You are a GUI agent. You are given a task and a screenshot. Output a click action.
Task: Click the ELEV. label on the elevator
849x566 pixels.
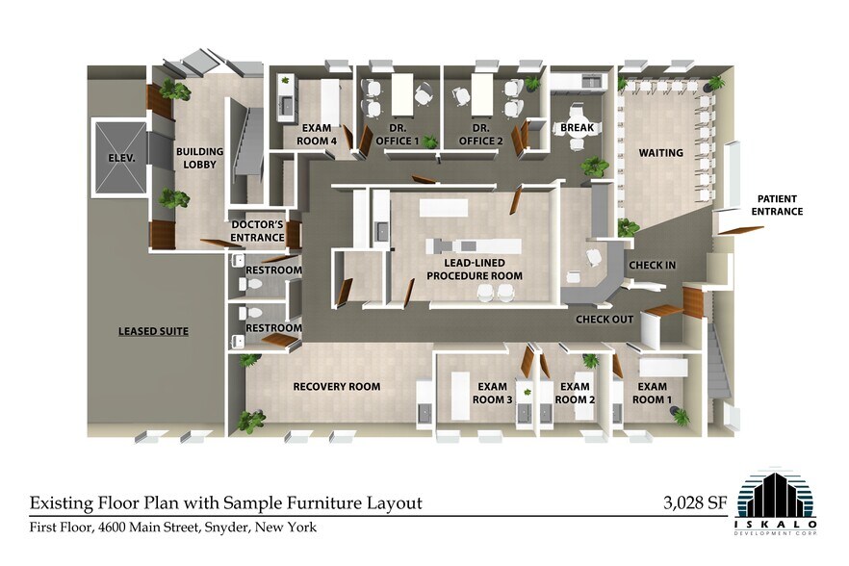(121, 158)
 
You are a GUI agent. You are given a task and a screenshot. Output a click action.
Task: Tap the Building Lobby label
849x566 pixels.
(200, 158)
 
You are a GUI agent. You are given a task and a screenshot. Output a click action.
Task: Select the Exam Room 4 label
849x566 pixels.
(317, 135)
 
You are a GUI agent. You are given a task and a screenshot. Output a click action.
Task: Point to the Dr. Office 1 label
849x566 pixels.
(398, 135)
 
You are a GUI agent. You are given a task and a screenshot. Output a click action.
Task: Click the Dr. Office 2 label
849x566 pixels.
(481, 135)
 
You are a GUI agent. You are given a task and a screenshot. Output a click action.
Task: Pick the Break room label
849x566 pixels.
(578, 128)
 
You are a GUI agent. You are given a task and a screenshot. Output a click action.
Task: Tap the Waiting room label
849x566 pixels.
(660, 153)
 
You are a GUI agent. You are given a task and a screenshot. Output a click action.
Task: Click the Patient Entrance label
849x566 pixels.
(777, 205)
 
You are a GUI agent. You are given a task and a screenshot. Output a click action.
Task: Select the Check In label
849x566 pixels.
(653, 265)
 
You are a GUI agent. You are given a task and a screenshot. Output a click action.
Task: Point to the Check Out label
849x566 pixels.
(605, 319)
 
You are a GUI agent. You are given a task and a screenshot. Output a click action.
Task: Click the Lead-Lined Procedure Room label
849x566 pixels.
(475, 270)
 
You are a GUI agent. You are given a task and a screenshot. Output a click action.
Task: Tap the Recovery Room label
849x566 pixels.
(337, 386)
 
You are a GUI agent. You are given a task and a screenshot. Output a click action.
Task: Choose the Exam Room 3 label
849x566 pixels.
(492, 393)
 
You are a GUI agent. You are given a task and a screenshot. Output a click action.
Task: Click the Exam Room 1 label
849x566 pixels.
(652, 393)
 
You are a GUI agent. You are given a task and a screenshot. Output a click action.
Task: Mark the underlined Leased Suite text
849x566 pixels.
(153, 331)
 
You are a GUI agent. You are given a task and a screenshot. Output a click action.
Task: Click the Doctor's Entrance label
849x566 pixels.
(257, 231)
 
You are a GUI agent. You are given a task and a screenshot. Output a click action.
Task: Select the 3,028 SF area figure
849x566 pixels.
(695, 503)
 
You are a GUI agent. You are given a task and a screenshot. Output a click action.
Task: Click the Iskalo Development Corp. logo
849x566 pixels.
(776, 501)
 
